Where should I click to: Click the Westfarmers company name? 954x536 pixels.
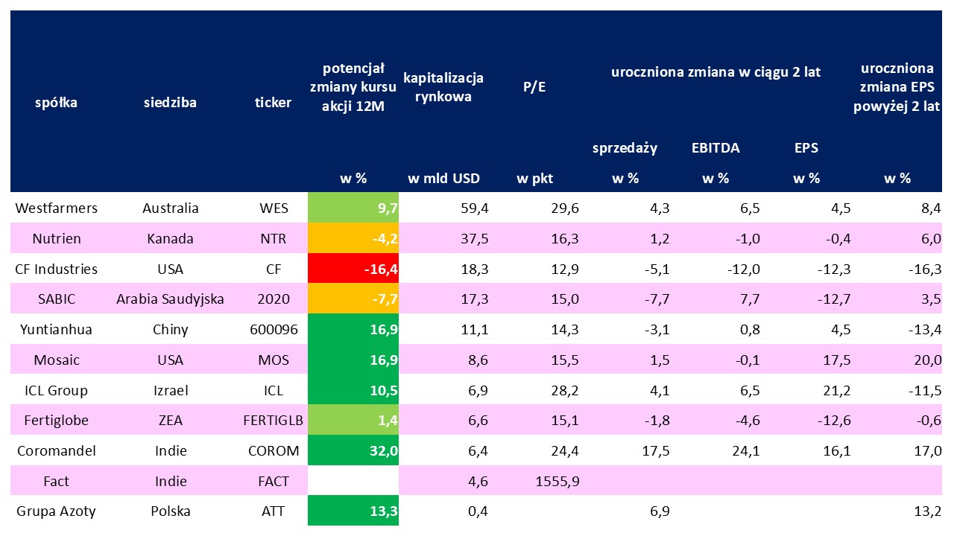click(56, 208)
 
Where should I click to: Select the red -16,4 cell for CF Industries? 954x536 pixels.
click(353, 269)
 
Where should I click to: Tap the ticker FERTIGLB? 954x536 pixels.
click(273, 421)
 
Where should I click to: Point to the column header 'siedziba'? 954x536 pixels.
click(170, 103)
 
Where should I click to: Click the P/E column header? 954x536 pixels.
click(534, 87)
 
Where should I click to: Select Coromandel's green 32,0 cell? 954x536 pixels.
click(353, 451)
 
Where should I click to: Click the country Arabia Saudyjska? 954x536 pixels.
click(170, 299)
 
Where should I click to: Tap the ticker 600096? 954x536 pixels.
click(273, 330)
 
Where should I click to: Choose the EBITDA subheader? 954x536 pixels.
click(715, 147)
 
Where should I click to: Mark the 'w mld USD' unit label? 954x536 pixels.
click(443, 179)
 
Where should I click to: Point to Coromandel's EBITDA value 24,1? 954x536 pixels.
click(745, 451)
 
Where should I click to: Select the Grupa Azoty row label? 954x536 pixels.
click(56, 511)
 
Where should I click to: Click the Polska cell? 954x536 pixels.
click(170, 511)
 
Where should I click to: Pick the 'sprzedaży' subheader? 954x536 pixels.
click(625, 147)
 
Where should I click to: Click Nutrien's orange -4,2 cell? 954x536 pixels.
click(353, 239)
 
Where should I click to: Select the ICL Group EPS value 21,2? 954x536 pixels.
click(835, 391)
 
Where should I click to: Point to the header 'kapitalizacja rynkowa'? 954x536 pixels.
click(443, 87)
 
